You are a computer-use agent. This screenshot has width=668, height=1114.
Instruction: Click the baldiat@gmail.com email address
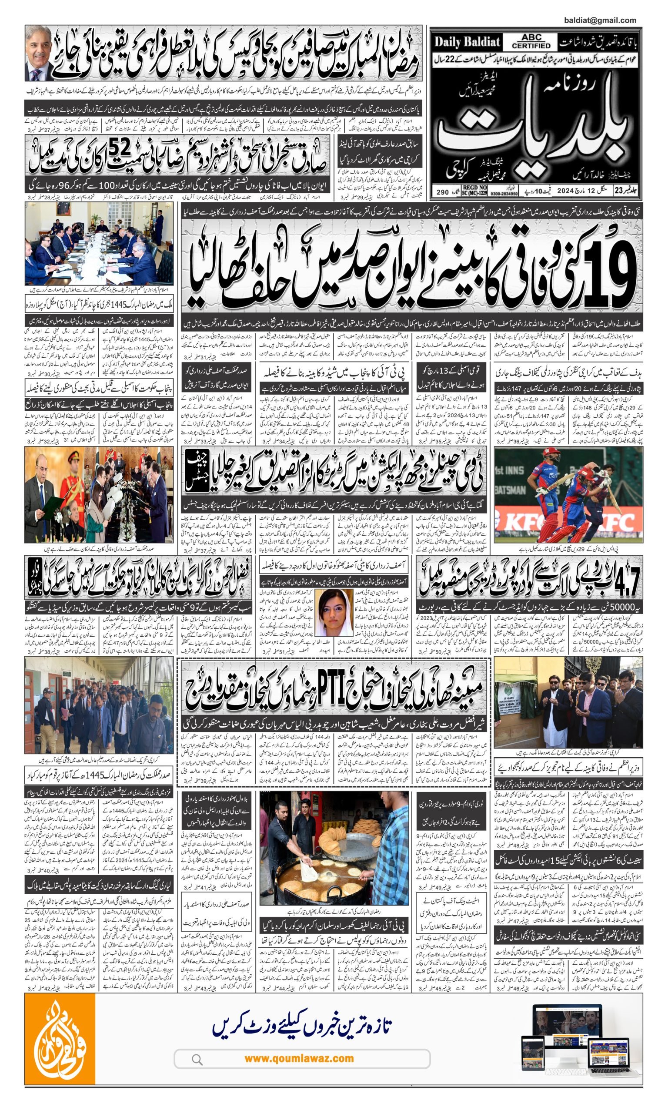tap(600, 20)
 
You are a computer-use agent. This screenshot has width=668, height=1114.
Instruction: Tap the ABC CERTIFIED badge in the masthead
tap(531, 42)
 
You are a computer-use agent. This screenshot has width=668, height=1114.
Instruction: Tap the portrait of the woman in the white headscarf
tap(334, 612)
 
